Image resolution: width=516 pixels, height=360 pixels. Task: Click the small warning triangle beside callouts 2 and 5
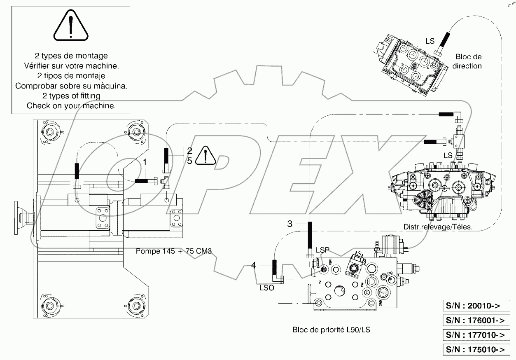(205, 156)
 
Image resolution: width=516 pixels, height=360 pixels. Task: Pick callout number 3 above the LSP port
(290, 224)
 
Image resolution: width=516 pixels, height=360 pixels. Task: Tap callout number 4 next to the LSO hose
(253, 266)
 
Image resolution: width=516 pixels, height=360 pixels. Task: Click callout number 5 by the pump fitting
(189, 161)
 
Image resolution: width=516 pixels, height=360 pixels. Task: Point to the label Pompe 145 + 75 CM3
(173, 251)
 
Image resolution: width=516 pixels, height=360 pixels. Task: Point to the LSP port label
(322, 250)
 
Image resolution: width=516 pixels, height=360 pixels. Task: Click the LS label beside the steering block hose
(430, 42)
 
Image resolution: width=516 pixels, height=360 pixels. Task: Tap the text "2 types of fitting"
(71, 96)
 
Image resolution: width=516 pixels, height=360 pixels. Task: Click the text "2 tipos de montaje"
(71, 76)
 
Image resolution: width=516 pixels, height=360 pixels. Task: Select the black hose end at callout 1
(145, 180)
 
